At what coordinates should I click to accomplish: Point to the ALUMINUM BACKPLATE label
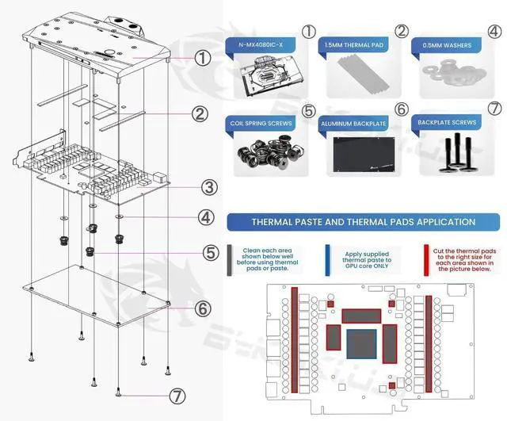point(355,124)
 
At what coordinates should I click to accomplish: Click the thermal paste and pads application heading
point(363,222)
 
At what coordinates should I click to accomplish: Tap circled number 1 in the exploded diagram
point(203,57)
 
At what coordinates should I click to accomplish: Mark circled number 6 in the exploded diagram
point(203,308)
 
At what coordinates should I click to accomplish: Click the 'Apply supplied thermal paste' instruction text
point(367,258)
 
